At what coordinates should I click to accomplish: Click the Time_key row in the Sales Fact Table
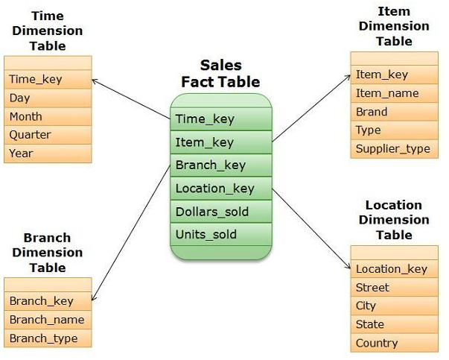pos(221,119)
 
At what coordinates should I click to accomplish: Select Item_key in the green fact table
pos(221,142)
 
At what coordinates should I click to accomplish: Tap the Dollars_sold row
pos(221,212)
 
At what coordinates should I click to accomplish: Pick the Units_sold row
pos(221,235)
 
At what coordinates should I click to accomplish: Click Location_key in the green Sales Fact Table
pos(221,189)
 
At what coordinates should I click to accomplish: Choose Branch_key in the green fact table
pos(221,165)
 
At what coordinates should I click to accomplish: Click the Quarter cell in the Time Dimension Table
pos(48,135)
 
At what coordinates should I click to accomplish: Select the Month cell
pos(48,116)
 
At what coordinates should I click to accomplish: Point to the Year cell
pos(48,154)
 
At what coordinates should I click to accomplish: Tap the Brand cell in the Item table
pos(394,112)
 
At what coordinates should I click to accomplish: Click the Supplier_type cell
pos(394,149)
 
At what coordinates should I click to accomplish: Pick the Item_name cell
pos(394,93)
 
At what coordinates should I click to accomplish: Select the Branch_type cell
pos(48,338)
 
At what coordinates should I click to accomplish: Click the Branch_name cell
pos(48,320)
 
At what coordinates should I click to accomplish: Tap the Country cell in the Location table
pos(394,344)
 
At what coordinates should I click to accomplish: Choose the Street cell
pos(394,288)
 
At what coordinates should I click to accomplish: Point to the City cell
pos(394,306)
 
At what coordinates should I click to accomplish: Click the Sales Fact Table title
pos(220,73)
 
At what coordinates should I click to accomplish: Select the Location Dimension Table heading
pos(394,220)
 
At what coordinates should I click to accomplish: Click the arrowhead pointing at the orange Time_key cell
pos(95,79)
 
